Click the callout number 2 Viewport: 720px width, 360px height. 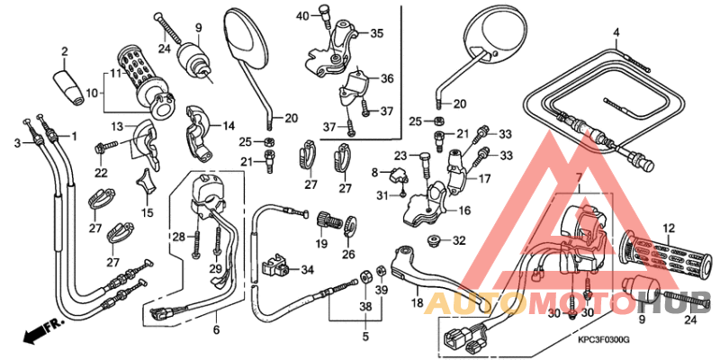[65, 50]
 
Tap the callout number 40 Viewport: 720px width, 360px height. [301, 14]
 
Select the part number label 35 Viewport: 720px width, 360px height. [376, 33]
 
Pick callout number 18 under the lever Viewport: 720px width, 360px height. [417, 302]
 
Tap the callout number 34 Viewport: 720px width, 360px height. [308, 269]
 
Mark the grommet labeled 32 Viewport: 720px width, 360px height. [434, 240]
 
